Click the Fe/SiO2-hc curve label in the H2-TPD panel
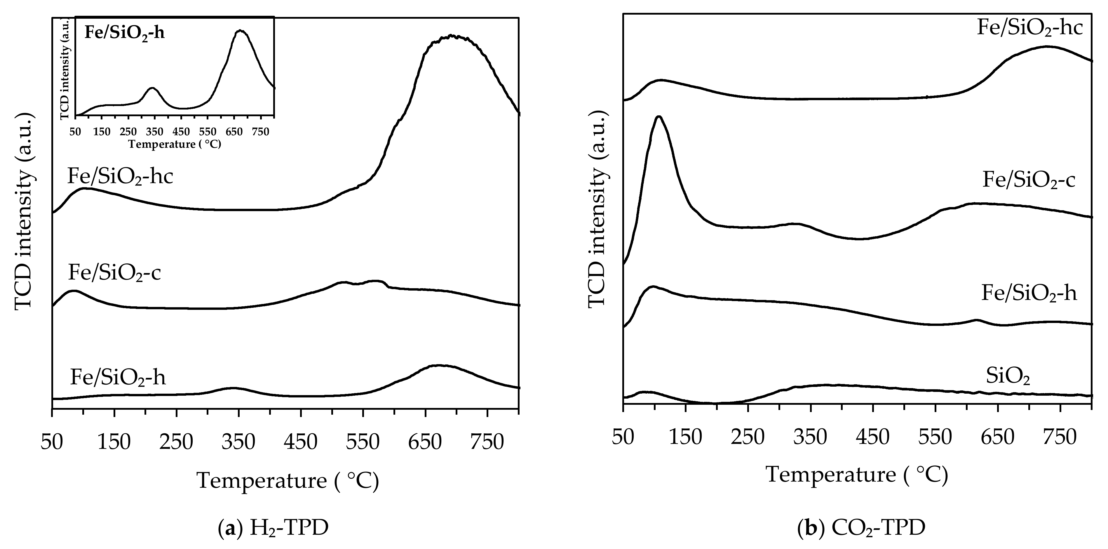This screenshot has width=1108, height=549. [120, 176]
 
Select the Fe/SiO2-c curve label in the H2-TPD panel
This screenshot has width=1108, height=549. [114, 273]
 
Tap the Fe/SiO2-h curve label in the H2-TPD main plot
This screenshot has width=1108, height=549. [117, 377]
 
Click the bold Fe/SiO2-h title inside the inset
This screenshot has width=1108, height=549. [124, 33]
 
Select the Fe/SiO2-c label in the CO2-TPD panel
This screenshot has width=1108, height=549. [1028, 180]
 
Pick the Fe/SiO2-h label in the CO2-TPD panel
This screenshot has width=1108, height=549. [1029, 294]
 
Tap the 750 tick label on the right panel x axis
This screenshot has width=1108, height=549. [1061, 437]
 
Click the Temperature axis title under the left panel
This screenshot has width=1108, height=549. [287, 480]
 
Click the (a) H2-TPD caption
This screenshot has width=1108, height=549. [273, 528]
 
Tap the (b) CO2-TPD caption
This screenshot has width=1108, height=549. [861, 528]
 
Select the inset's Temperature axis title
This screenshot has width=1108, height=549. [175, 144]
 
